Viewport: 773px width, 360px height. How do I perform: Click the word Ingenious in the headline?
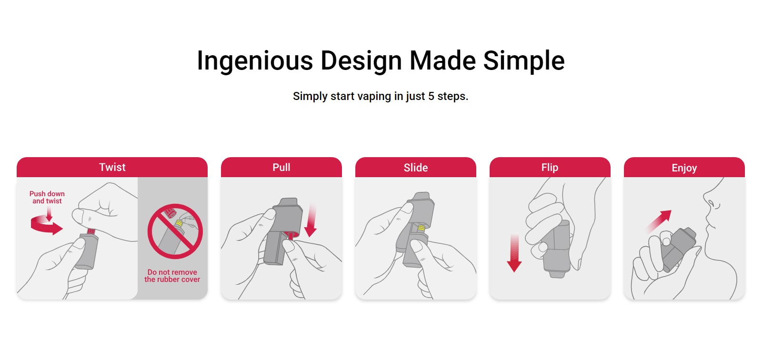tap(255, 61)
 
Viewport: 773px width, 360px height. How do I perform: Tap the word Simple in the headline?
tap(524, 61)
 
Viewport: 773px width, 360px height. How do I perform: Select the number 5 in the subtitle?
tap(431, 96)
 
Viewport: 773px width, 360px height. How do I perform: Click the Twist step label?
tap(112, 167)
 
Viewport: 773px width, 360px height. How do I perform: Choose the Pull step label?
tap(281, 168)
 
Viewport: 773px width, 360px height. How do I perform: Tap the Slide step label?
tap(416, 168)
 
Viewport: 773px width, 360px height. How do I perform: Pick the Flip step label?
tap(550, 168)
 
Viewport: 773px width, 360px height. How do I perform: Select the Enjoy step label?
tap(684, 168)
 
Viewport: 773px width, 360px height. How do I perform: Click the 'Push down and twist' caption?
tap(47, 197)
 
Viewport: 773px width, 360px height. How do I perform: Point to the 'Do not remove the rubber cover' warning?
tap(172, 276)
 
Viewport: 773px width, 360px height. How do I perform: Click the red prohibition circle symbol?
tap(175, 231)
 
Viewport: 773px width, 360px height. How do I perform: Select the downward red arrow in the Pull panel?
tap(311, 220)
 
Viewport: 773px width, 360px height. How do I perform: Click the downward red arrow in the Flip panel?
tap(514, 253)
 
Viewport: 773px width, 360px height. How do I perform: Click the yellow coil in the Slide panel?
tap(421, 228)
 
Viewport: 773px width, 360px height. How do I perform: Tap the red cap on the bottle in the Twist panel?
tap(91, 231)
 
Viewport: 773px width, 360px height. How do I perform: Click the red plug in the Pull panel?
tap(290, 236)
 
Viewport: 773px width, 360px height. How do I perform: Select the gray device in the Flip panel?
tap(556, 249)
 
